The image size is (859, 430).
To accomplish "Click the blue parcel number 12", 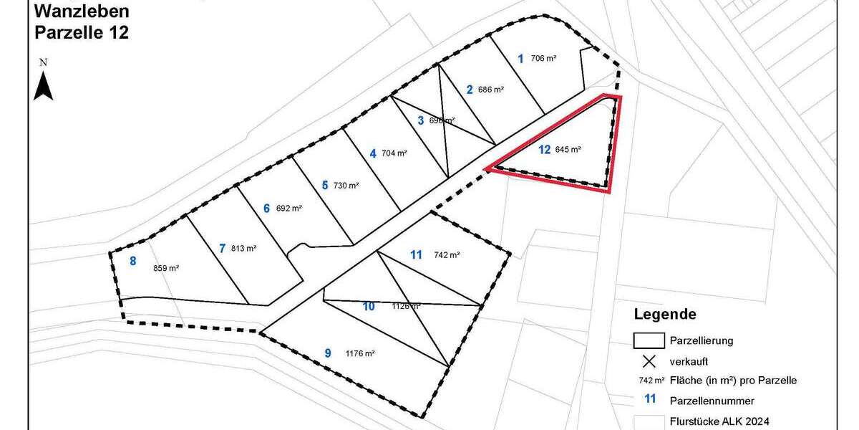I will click(x=545, y=150).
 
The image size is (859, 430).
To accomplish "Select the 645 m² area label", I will click(x=568, y=150).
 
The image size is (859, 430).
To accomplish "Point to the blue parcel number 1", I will click(x=520, y=58).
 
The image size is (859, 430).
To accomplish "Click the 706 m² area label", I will click(x=544, y=59).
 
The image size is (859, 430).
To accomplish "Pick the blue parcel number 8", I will click(x=132, y=261).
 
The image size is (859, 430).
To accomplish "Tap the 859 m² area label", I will click(x=166, y=268).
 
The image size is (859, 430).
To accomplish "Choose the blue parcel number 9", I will click(x=328, y=353).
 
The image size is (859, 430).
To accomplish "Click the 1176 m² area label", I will click(x=360, y=353).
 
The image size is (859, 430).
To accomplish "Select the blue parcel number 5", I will click(x=324, y=185).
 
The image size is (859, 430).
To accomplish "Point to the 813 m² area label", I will click(x=243, y=249).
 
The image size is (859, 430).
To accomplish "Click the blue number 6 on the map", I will click(x=266, y=209).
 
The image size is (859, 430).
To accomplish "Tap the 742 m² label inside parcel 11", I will click(x=447, y=254).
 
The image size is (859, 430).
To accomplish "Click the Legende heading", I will click(x=665, y=314).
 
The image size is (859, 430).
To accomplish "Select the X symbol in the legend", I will click(x=650, y=360).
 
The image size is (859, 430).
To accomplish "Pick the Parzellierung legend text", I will click(x=701, y=340).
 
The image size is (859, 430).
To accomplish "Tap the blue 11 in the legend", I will click(x=650, y=401).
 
